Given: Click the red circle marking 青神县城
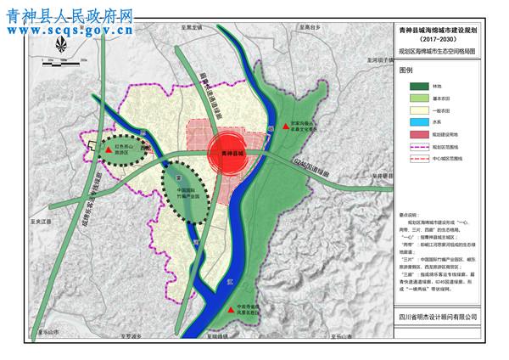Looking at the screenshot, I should [x=227, y=153].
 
